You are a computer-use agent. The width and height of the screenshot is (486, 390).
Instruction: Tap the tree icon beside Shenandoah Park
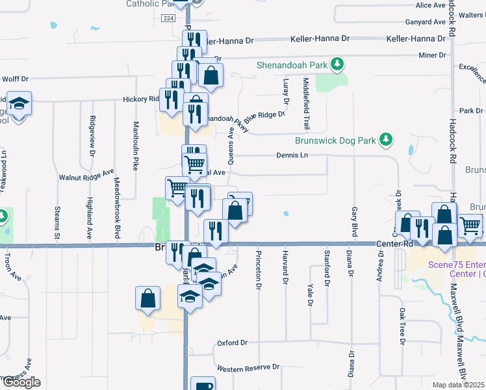(337, 63)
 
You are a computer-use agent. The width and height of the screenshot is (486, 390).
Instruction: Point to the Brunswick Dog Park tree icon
(386, 138)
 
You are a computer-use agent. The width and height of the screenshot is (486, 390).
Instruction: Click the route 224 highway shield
(168, 19)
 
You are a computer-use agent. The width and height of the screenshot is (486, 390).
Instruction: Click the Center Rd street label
(394, 244)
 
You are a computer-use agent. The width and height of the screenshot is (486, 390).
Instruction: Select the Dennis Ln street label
(291, 155)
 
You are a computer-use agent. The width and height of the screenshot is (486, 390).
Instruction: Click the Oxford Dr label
(233, 343)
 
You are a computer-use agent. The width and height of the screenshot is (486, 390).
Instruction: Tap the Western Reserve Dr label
(248, 369)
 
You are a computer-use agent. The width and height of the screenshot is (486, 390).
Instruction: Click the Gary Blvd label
(354, 222)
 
